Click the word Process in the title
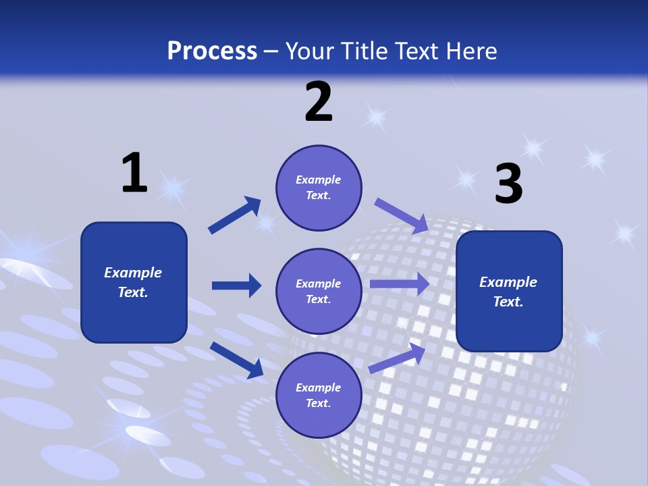click(x=212, y=51)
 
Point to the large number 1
click(x=134, y=173)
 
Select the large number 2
click(x=319, y=102)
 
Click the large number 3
click(x=508, y=184)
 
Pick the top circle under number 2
click(x=319, y=188)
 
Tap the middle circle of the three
click(x=319, y=292)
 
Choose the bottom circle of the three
click(x=319, y=396)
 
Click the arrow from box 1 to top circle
click(x=235, y=215)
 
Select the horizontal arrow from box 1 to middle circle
click(x=236, y=286)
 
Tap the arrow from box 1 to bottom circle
click(x=236, y=360)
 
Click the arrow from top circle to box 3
click(x=402, y=215)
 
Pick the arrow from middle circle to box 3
click(x=400, y=284)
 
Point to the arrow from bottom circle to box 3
click(x=397, y=358)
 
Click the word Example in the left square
click(x=133, y=273)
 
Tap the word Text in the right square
click(x=508, y=302)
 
